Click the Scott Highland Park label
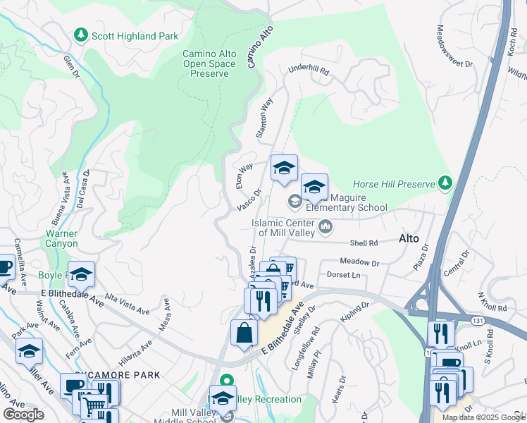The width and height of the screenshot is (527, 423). [133, 35]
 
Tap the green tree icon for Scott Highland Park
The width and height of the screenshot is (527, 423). [81, 35]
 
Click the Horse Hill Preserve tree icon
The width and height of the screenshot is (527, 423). [445, 183]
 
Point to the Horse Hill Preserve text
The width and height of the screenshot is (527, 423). [393, 184]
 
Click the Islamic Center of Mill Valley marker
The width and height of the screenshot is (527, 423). [325, 226]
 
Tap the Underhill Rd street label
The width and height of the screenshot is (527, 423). [308, 70]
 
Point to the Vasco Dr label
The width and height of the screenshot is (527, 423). [249, 198]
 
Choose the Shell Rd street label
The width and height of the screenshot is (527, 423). [364, 243]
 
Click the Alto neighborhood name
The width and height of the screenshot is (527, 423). [409, 238]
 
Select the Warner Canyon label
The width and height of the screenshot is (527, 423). [61, 238]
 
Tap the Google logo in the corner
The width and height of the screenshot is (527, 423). [24, 415]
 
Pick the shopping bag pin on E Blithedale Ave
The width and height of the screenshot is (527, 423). [243, 333]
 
